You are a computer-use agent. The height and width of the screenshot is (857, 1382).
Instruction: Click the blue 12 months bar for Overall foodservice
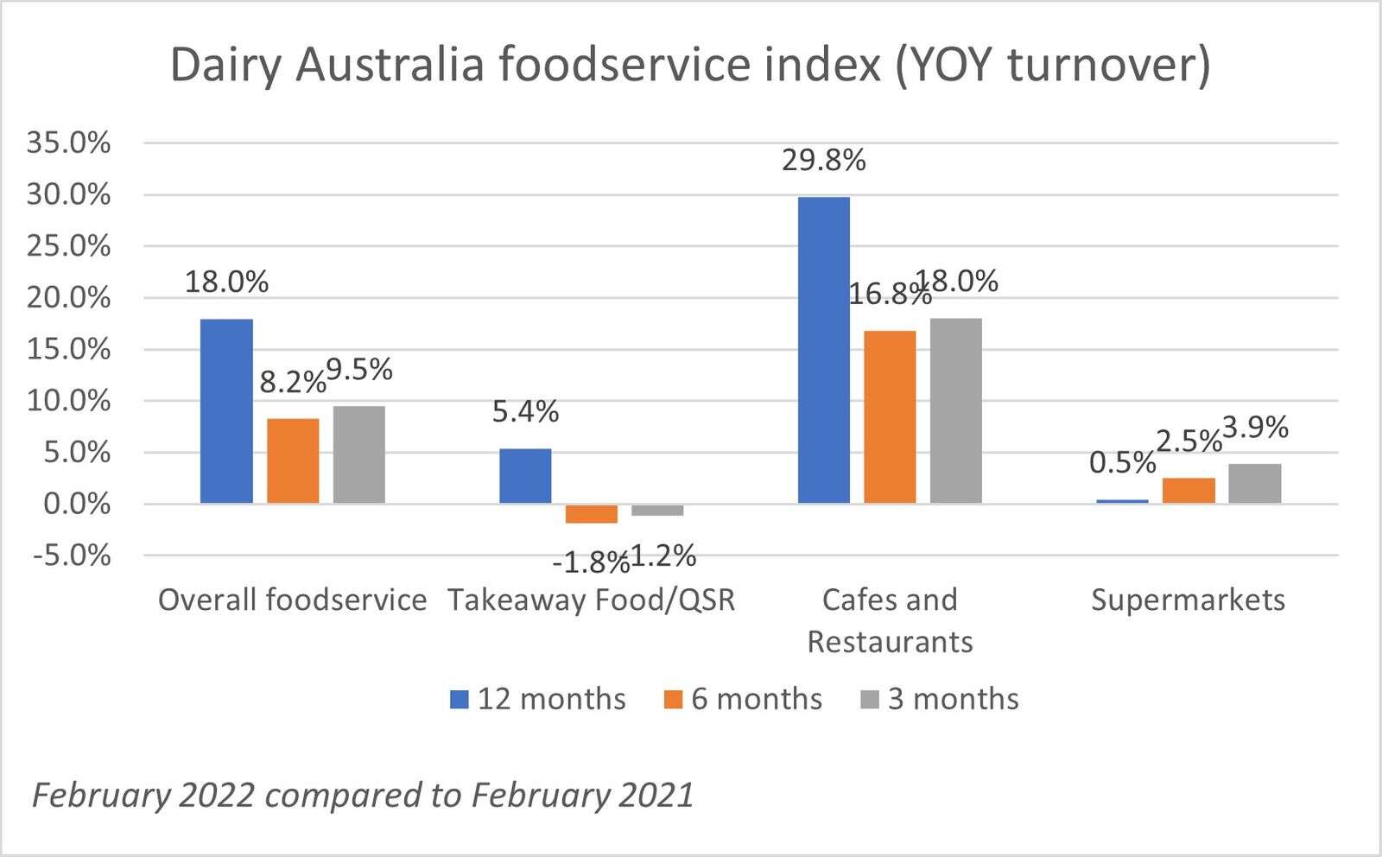(x=226, y=411)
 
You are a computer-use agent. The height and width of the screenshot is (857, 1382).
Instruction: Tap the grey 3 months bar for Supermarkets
(x=1254, y=484)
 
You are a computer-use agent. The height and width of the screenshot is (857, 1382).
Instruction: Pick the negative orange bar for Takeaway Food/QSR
(x=592, y=513)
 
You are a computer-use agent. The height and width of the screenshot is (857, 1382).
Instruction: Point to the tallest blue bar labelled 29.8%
(x=823, y=350)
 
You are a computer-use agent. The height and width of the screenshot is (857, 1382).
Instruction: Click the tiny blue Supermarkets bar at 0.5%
(x=1122, y=501)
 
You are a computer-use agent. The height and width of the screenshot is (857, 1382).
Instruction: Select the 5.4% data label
(x=525, y=411)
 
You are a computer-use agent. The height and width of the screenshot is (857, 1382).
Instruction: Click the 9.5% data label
(x=359, y=370)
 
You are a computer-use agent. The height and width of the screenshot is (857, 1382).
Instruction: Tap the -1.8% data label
(x=589, y=563)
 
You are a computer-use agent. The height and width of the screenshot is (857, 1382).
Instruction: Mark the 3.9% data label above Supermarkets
(x=1255, y=427)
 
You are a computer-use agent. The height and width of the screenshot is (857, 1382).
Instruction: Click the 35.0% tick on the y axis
(x=69, y=143)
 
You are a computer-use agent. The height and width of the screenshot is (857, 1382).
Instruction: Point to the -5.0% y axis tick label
(x=72, y=555)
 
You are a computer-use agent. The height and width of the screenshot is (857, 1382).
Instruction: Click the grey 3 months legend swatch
(x=870, y=699)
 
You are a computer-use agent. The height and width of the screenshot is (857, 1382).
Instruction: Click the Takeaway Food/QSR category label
(x=591, y=600)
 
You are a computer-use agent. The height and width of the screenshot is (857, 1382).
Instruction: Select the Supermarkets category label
(x=1188, y=600)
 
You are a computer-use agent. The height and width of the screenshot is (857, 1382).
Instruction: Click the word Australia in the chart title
(x=389, y=65)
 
